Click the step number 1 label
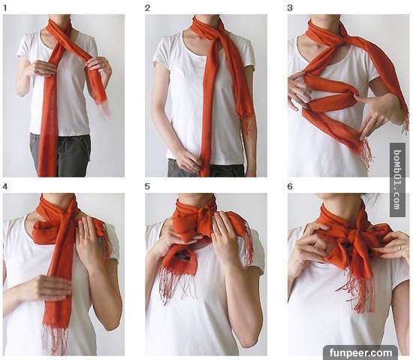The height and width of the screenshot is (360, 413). pyautogui.click(x=5, y=8)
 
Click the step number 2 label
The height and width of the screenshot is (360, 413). pyautogui.click(x=147, y=8)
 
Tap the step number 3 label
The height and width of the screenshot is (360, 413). pyautogui.click(x=290, y=8)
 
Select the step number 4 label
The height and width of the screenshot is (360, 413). pyautogui.click(x=5, y=186)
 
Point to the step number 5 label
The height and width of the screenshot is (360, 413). pyautogui.click(x=147, y=186)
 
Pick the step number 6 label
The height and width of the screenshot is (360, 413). pyautogui.click(x=290, y=186)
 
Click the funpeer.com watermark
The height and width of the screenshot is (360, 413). pyautogui.click(x=361, y=352)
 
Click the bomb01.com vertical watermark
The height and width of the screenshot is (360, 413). pyautogui.click(x=397, y=180)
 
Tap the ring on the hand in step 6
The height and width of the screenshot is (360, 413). pyautogui.click(x=399, y=247)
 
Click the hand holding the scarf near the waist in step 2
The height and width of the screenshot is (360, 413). pyautogui.click(x=186, y=161)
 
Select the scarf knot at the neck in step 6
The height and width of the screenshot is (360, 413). pyautogui.click(x=351, y=237)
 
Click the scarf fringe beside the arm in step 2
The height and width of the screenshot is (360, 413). pyautogui.click(x=249, y=129)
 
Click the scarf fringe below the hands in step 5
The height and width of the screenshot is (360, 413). pyautogui.click(x=178, y=286)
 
